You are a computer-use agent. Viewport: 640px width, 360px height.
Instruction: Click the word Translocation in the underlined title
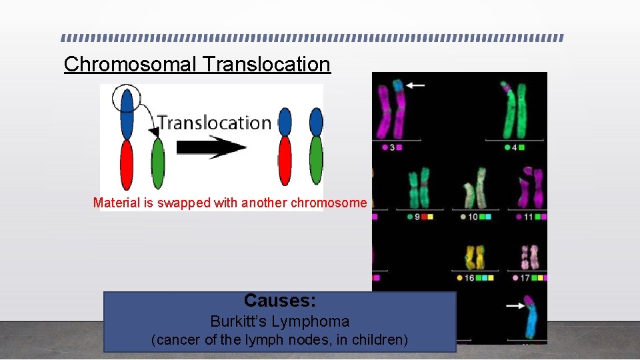click(267, 64)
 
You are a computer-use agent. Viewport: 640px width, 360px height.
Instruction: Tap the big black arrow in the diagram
click(211, 147)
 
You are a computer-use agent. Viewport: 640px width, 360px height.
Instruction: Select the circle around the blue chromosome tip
click(126, 99)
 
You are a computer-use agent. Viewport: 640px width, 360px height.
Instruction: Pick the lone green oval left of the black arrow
click(158, 163)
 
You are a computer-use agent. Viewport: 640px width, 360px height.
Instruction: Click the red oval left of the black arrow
click(126, 165)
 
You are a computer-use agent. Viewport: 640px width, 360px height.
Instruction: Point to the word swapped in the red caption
click(183, 203)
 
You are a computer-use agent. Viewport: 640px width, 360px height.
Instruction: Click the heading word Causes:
click(279, 301)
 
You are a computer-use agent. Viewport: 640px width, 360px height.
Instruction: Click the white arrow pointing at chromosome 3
click(416, 85)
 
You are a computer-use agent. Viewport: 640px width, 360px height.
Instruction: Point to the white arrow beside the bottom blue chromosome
click(515, 306)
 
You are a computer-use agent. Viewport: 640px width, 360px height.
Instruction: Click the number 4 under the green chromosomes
click(515, 147)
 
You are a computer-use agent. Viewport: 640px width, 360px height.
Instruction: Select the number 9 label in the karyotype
click(417, 217)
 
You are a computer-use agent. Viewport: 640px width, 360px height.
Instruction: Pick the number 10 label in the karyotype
click(473, 217)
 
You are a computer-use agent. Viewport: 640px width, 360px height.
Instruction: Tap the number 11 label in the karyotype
click(529, 217)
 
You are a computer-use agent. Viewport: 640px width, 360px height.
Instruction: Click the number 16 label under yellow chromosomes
click(469, 277)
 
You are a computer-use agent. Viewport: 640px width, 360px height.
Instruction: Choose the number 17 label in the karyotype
click(526, 277)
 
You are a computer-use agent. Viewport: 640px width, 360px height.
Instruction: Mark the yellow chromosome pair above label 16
click(475, 257)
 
